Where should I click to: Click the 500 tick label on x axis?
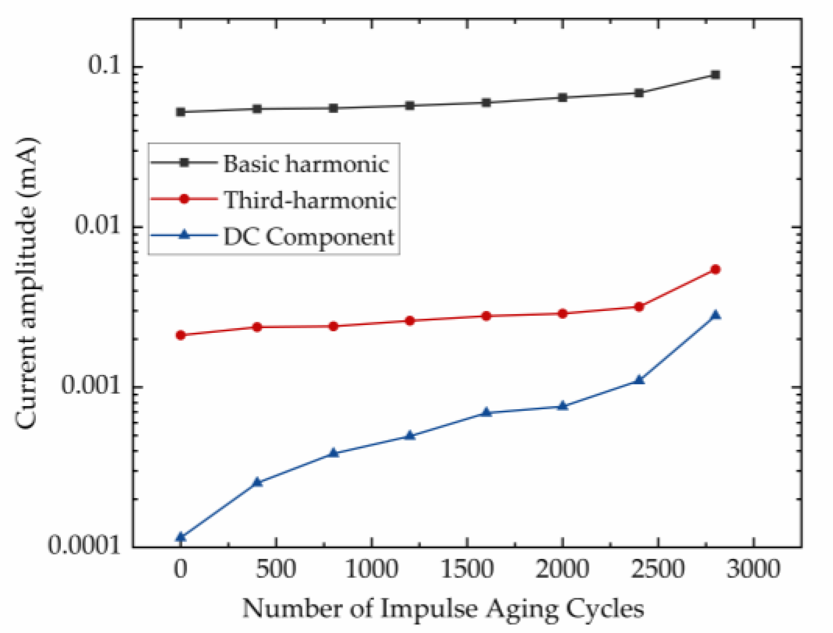click(276, 570)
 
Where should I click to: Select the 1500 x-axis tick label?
click(467, 570)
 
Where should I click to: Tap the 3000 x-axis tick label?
click(753, 570)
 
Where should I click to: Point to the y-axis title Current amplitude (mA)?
click(26, 283)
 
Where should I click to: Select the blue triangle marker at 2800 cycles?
click(715, 315)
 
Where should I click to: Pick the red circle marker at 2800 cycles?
click(715, 270)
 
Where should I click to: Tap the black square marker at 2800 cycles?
click(715, 75)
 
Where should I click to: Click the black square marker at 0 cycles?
click(181, 112)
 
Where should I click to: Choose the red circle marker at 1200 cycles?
click(410, 321)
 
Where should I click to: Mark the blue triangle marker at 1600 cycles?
click(486, 412)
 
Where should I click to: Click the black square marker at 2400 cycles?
click(639, 93)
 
